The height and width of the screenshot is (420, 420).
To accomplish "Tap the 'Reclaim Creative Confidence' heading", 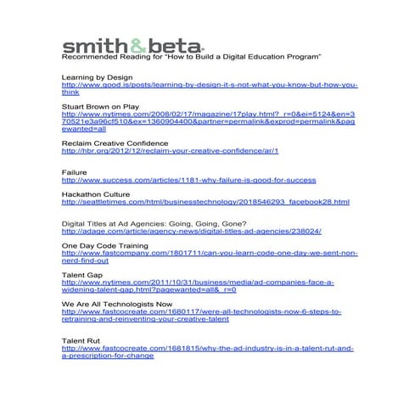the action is [x=118, y=143].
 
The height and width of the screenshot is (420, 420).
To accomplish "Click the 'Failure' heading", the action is [x=75, y=173].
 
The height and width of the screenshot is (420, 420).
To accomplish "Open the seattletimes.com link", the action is [x=205, y=203].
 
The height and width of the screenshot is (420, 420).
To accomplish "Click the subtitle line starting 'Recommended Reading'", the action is [x=191, y=56].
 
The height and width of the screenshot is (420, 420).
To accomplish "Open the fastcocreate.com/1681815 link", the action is [x=208, y=349].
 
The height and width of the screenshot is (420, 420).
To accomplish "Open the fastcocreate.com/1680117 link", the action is [x=202, y=312].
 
